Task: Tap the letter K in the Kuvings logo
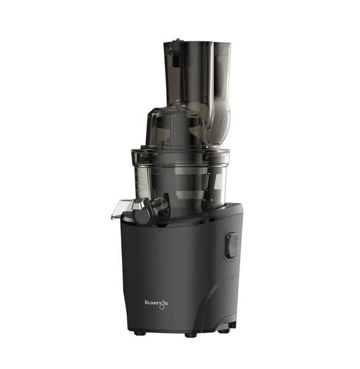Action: point(146,302)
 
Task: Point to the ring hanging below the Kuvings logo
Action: point(161,307)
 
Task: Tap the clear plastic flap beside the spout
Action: point(121,209)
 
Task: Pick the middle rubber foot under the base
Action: point(191,335)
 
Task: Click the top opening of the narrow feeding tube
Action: point(223,44)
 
